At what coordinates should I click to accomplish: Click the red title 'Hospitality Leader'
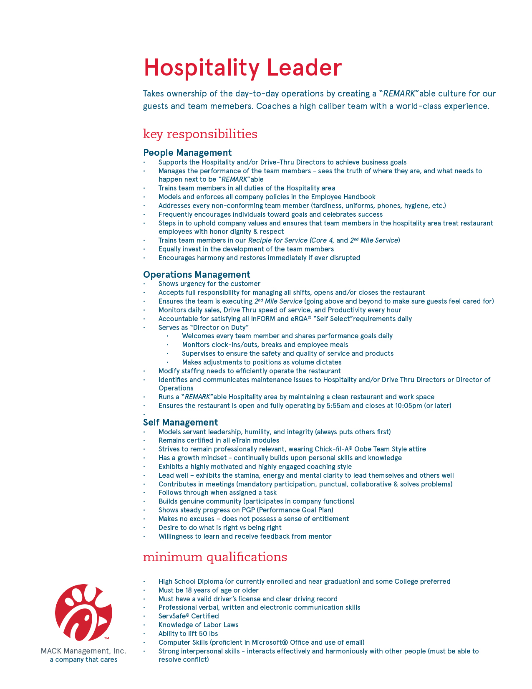pyautogui.click(x=242, y=68)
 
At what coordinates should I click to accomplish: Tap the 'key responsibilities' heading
pyautogui.click(x=200, y=134)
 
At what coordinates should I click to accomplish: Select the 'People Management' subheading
pyautogui.click(x=187, y=152)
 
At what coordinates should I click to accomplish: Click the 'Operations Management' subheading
pyautogui.click(x=197, y=274)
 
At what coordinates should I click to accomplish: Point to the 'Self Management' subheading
pyautogui.click(x=180, y=422)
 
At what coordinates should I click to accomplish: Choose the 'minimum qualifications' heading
pyautogui.click(x=215, y=557)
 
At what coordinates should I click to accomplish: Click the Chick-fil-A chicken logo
pyautogui.click(x=83, y=613)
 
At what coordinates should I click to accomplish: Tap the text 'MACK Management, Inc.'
pyautogui.click(x=83, y=651)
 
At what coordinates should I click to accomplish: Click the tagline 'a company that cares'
pyautogui.click(x=83, y=660)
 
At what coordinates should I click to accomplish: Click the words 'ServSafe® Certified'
pyautogui.click(x=189, y=616)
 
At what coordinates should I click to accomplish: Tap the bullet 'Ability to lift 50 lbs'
pyautogui.click(x=188, y=633)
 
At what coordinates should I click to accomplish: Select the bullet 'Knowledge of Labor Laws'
pyautogui.click(x=198, y=625)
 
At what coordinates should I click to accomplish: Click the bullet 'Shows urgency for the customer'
pyautogui.click(x=209, y=284)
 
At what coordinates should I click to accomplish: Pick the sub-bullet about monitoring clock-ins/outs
pyautogui.click(x=265, y=344)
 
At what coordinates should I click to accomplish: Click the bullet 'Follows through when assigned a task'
pyautogui.click(x=217, y=492)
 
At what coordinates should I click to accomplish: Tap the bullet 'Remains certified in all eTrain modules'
pyautogui.click(x=219, y=440)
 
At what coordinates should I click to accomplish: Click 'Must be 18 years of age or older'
pyautogui.click(x=208, y=590)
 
